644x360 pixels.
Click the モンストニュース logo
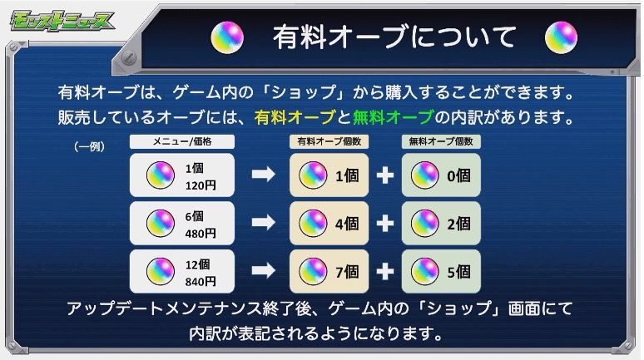tap(62, 22)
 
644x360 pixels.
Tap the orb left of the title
tap(227, 37)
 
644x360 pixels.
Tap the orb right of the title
tap(561, 37)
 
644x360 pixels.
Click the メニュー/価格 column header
tap(182, 141)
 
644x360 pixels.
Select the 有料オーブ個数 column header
tap(329, 141)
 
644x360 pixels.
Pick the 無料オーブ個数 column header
tap(441, 141)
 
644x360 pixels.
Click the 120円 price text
tap(201, 185)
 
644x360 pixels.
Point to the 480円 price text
tap(201, 234)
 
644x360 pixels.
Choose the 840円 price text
tap(201, 282)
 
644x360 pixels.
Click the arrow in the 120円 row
tap(263, 175)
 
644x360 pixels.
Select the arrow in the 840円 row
tap(263, 270)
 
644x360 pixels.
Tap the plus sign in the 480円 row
tap(385, 224)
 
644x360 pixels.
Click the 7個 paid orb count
tap(347, 272)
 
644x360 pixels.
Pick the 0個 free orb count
tap(458, 175)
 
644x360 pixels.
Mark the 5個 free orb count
tap(458, 272)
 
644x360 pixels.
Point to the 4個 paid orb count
tap(347, 224)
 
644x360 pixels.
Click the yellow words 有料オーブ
tap(295, 118)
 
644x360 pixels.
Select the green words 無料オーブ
tap(393, 118)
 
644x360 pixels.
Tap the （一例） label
tap(89, 146)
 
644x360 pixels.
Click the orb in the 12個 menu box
tap(161, 271)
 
